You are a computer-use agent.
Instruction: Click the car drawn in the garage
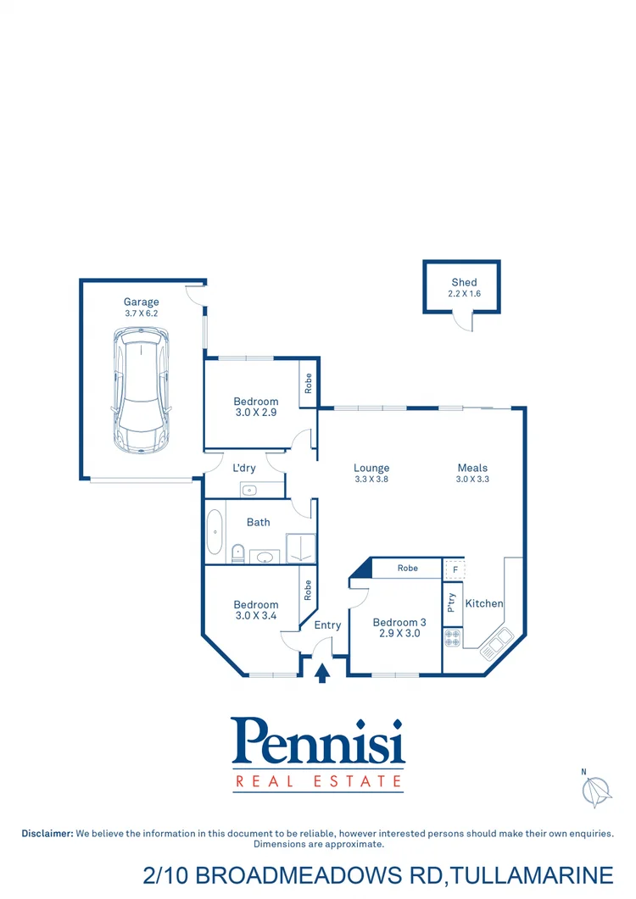point(141,391)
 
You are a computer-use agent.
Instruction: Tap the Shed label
point(464,282)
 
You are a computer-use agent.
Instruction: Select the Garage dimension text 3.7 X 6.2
point(141,314)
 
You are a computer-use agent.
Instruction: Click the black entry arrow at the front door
point(322,673)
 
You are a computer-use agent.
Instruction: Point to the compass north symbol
point(597,791)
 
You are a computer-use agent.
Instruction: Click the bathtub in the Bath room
point(215,531)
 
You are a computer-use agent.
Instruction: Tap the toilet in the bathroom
point(238,552)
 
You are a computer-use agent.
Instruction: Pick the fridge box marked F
point(455,569)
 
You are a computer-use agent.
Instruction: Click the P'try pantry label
point(451,602)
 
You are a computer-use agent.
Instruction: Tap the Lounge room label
point(371,468)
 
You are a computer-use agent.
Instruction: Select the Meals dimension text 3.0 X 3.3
point(472,480)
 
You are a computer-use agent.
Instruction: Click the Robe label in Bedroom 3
point(408,568)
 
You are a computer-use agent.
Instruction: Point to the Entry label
point(327,625)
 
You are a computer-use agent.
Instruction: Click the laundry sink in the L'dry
point(250,489)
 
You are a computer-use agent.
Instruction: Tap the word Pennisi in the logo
point(318,742)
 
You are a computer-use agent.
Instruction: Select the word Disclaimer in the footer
point(47,834)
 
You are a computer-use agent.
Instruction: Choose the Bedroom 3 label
point(399,622)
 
